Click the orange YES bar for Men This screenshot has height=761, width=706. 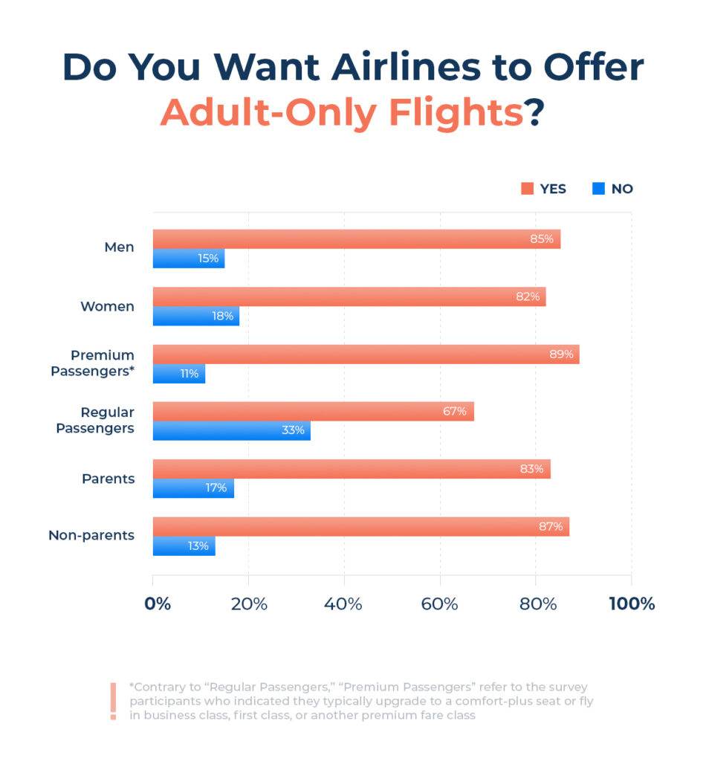click(357, 239)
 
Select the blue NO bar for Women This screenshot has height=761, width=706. click(196, 316)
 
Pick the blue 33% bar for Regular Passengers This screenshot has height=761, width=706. click(232, 430)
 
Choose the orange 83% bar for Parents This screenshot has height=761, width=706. click(352, 469)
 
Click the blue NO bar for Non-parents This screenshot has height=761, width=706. click(184, 545)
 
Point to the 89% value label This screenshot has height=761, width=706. click(561, 354)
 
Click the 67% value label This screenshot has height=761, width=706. click(455, 412)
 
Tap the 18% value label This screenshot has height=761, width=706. click(222, 317)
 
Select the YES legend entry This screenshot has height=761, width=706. click(544, 189)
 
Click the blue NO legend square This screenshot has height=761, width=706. click(598, 189)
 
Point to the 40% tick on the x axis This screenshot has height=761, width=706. click(344, 603)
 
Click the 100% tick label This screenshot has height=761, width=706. click(632, 603)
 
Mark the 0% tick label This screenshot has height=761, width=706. click(158, 603)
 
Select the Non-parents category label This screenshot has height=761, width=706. click(91, 535)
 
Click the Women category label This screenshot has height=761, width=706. click(108, 306)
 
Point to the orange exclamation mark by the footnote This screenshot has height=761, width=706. click(113, 702)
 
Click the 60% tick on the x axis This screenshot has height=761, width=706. click(439, 603)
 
